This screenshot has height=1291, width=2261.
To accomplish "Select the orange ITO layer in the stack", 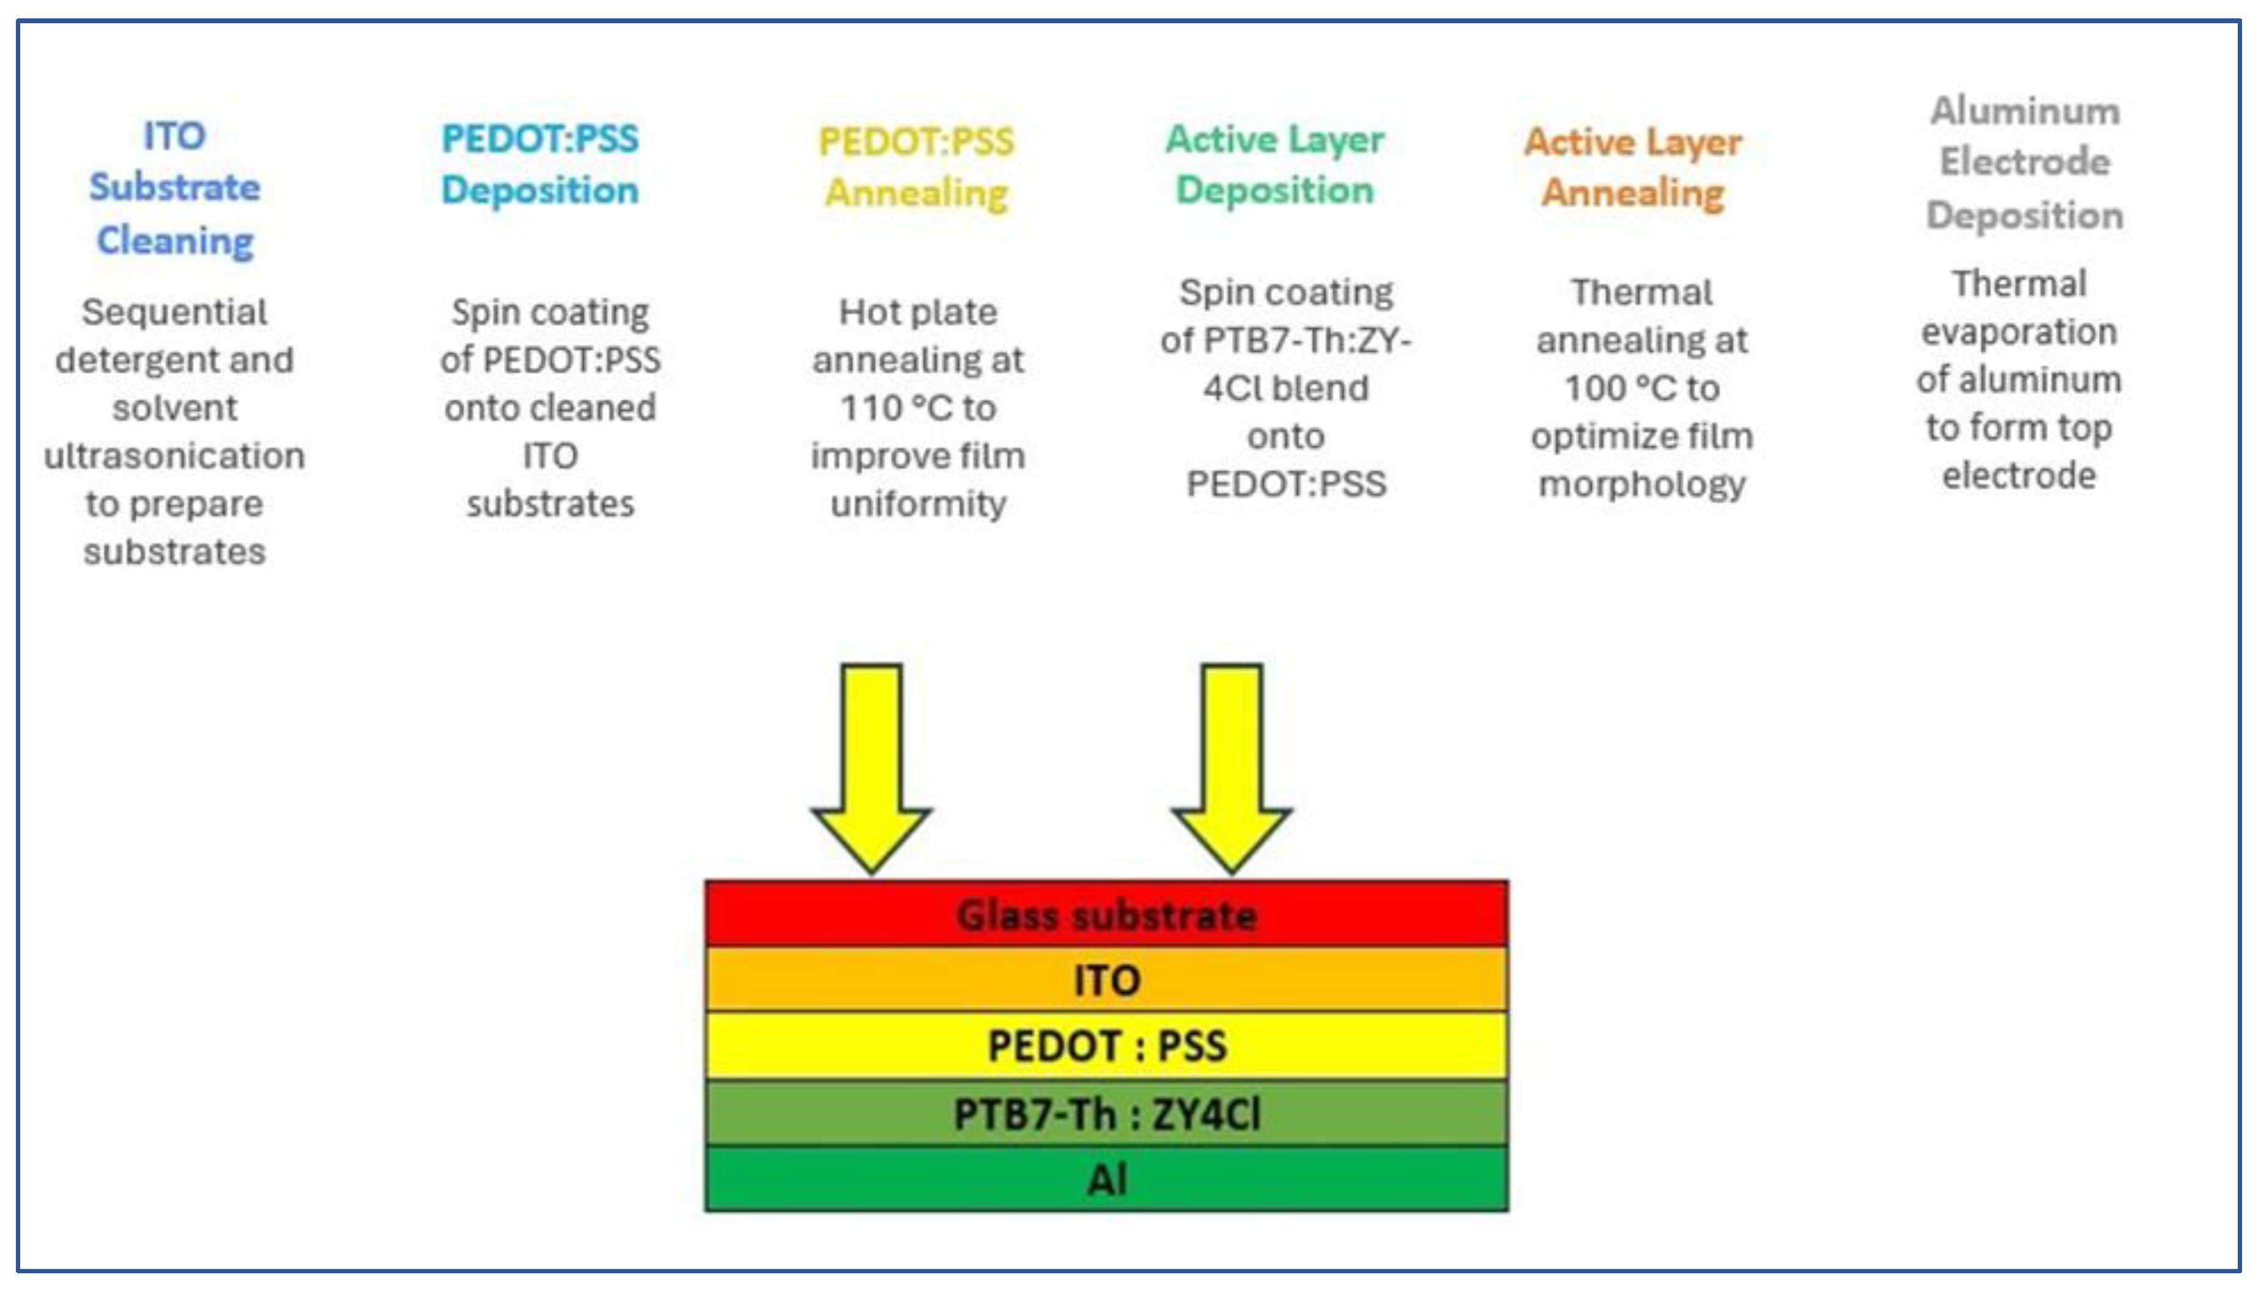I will pos(1106,980).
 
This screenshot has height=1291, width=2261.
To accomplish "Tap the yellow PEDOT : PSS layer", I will pos(1106,1045).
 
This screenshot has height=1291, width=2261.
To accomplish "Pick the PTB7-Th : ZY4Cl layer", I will pos(1106,1113).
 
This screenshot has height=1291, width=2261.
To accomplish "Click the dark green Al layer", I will pos(1106,1179).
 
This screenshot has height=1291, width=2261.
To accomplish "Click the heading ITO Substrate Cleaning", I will pos(175,188).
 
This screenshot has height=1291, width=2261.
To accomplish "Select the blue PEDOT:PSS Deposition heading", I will pos(540,164).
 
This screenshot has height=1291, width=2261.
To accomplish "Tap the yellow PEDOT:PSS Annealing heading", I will pos(916,167).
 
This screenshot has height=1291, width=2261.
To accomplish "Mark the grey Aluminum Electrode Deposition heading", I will pos(2024,162).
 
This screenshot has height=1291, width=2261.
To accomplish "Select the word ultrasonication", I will pos(175,456).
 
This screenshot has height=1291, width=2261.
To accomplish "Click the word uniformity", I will pos(918,504).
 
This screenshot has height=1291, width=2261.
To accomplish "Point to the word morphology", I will pos(1641,485).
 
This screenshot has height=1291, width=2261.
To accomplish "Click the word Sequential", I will pos(175,312).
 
